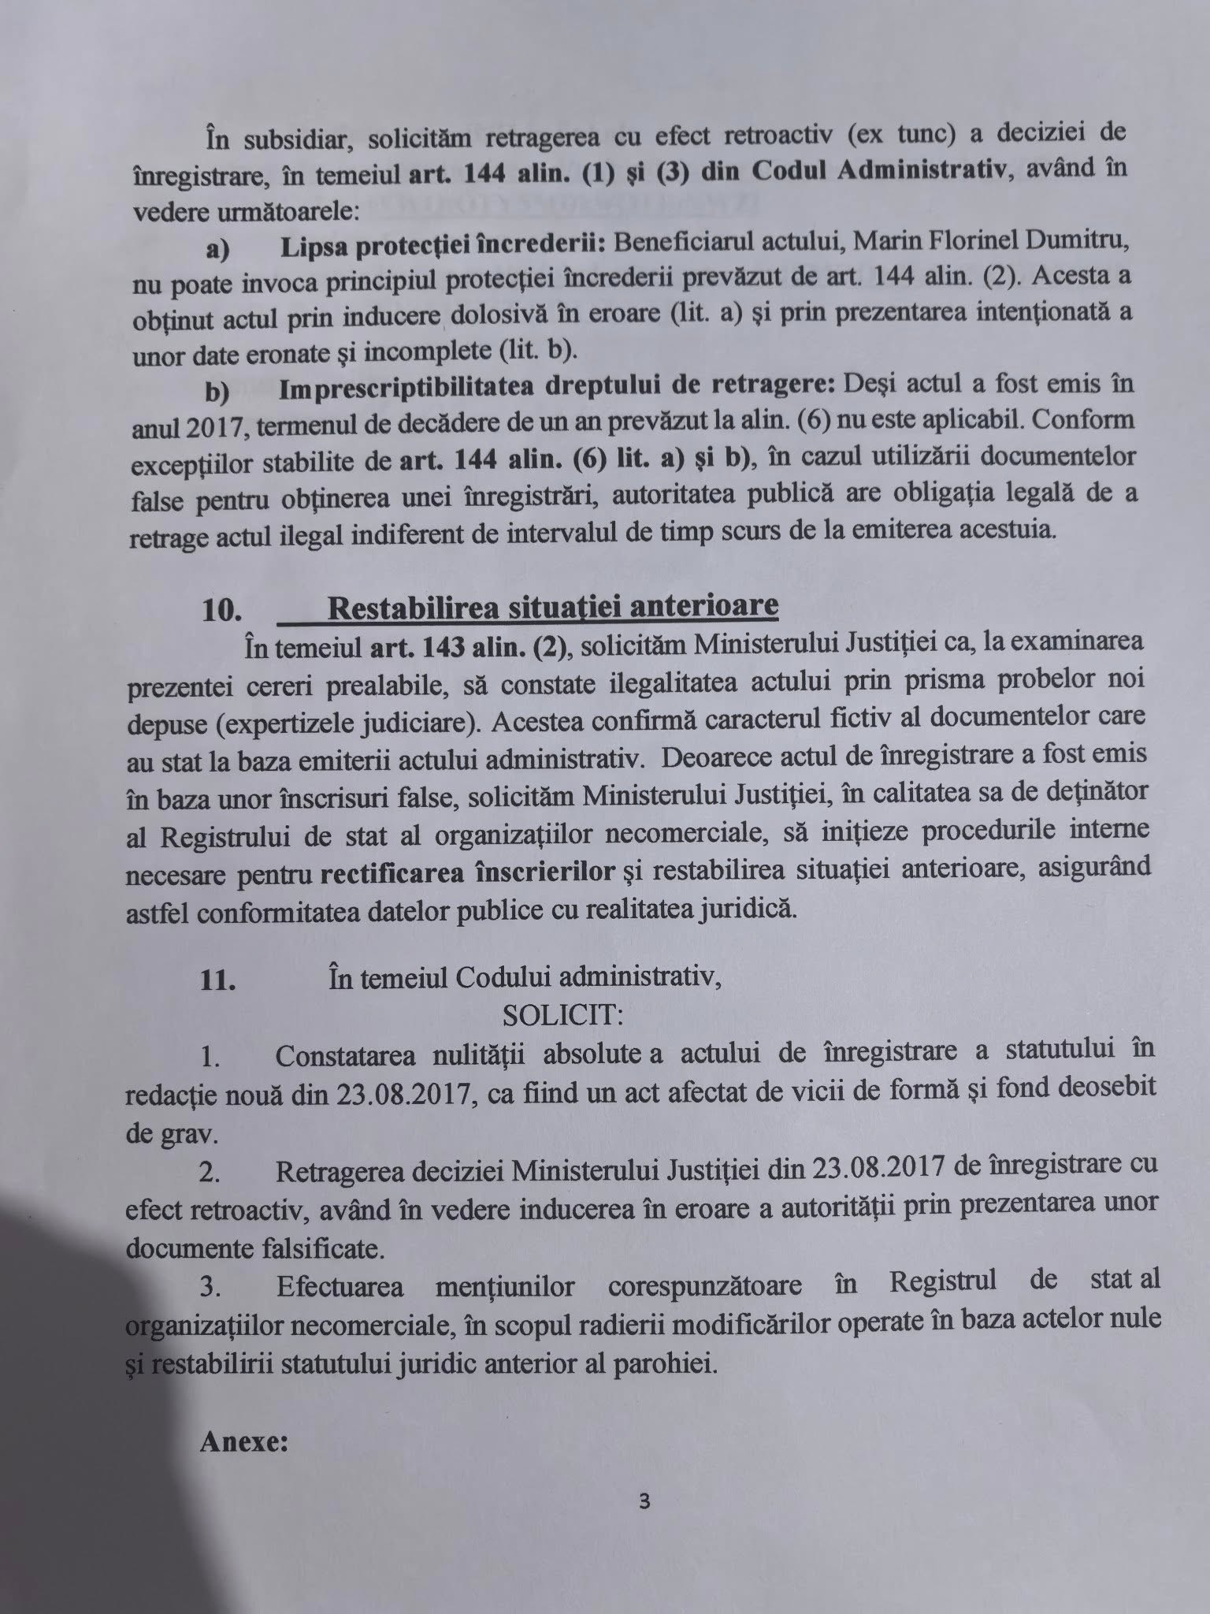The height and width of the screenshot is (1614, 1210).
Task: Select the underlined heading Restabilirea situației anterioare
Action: click(552, 606)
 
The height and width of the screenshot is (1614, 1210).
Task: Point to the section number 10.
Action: click(221, 612)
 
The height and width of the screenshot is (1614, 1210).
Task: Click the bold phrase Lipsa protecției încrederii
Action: click(442, 246)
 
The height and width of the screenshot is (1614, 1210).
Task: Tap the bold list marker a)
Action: click(217, 249)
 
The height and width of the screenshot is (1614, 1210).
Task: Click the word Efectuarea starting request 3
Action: click(340, 1287)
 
